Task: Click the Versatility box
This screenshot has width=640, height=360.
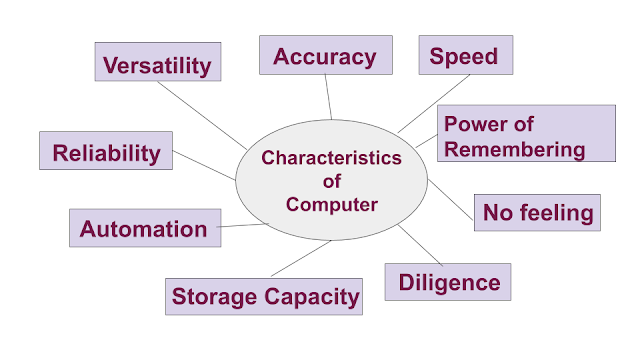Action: tap(158, 65)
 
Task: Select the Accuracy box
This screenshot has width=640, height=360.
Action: tap(325, 56)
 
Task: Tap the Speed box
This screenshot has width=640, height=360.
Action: tap(463, 56)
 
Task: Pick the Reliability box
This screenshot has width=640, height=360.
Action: tap(106, 152)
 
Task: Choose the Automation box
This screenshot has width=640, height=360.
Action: tap(144, 228)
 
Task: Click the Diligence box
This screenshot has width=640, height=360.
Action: tap(447, 282)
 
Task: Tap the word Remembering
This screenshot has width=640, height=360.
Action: tap(513, 149)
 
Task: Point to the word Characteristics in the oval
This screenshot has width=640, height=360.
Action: tap(330, 158)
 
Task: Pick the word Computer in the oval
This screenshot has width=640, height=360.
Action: tap(330, 204)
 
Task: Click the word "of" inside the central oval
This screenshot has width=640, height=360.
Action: tap(330, 181)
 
